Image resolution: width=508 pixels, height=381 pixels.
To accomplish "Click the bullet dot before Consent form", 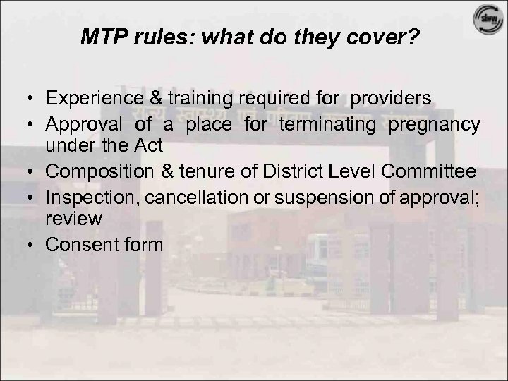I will pyautogui.click(x=30, y=244).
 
